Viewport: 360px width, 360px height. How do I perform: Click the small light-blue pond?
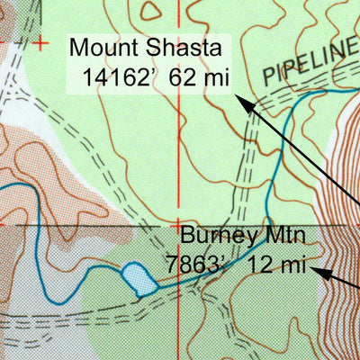137,278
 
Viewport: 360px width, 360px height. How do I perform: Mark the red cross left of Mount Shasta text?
41,42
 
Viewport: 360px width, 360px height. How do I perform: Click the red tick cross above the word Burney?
178,223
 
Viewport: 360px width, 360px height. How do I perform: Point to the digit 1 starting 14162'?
87,76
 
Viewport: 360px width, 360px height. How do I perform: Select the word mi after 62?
214,76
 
